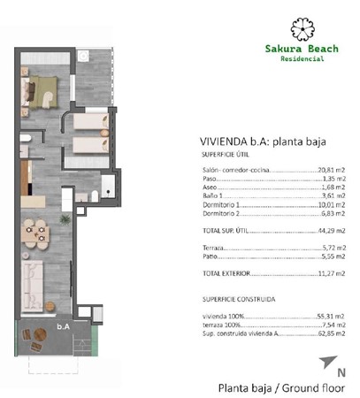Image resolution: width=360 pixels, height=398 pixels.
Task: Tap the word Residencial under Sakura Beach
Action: pos(297,60)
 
